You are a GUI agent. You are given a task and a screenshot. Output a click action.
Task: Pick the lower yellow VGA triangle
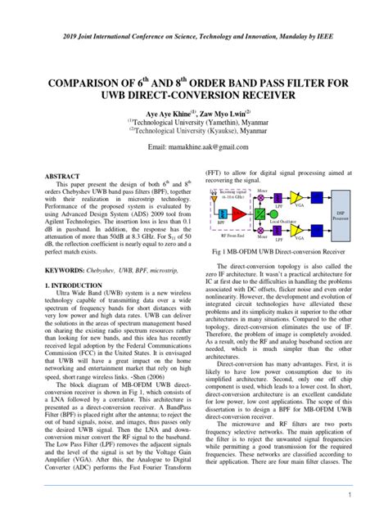click(x=296, y=230)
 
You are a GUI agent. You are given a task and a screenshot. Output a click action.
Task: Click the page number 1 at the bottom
click(x=349, y=495)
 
